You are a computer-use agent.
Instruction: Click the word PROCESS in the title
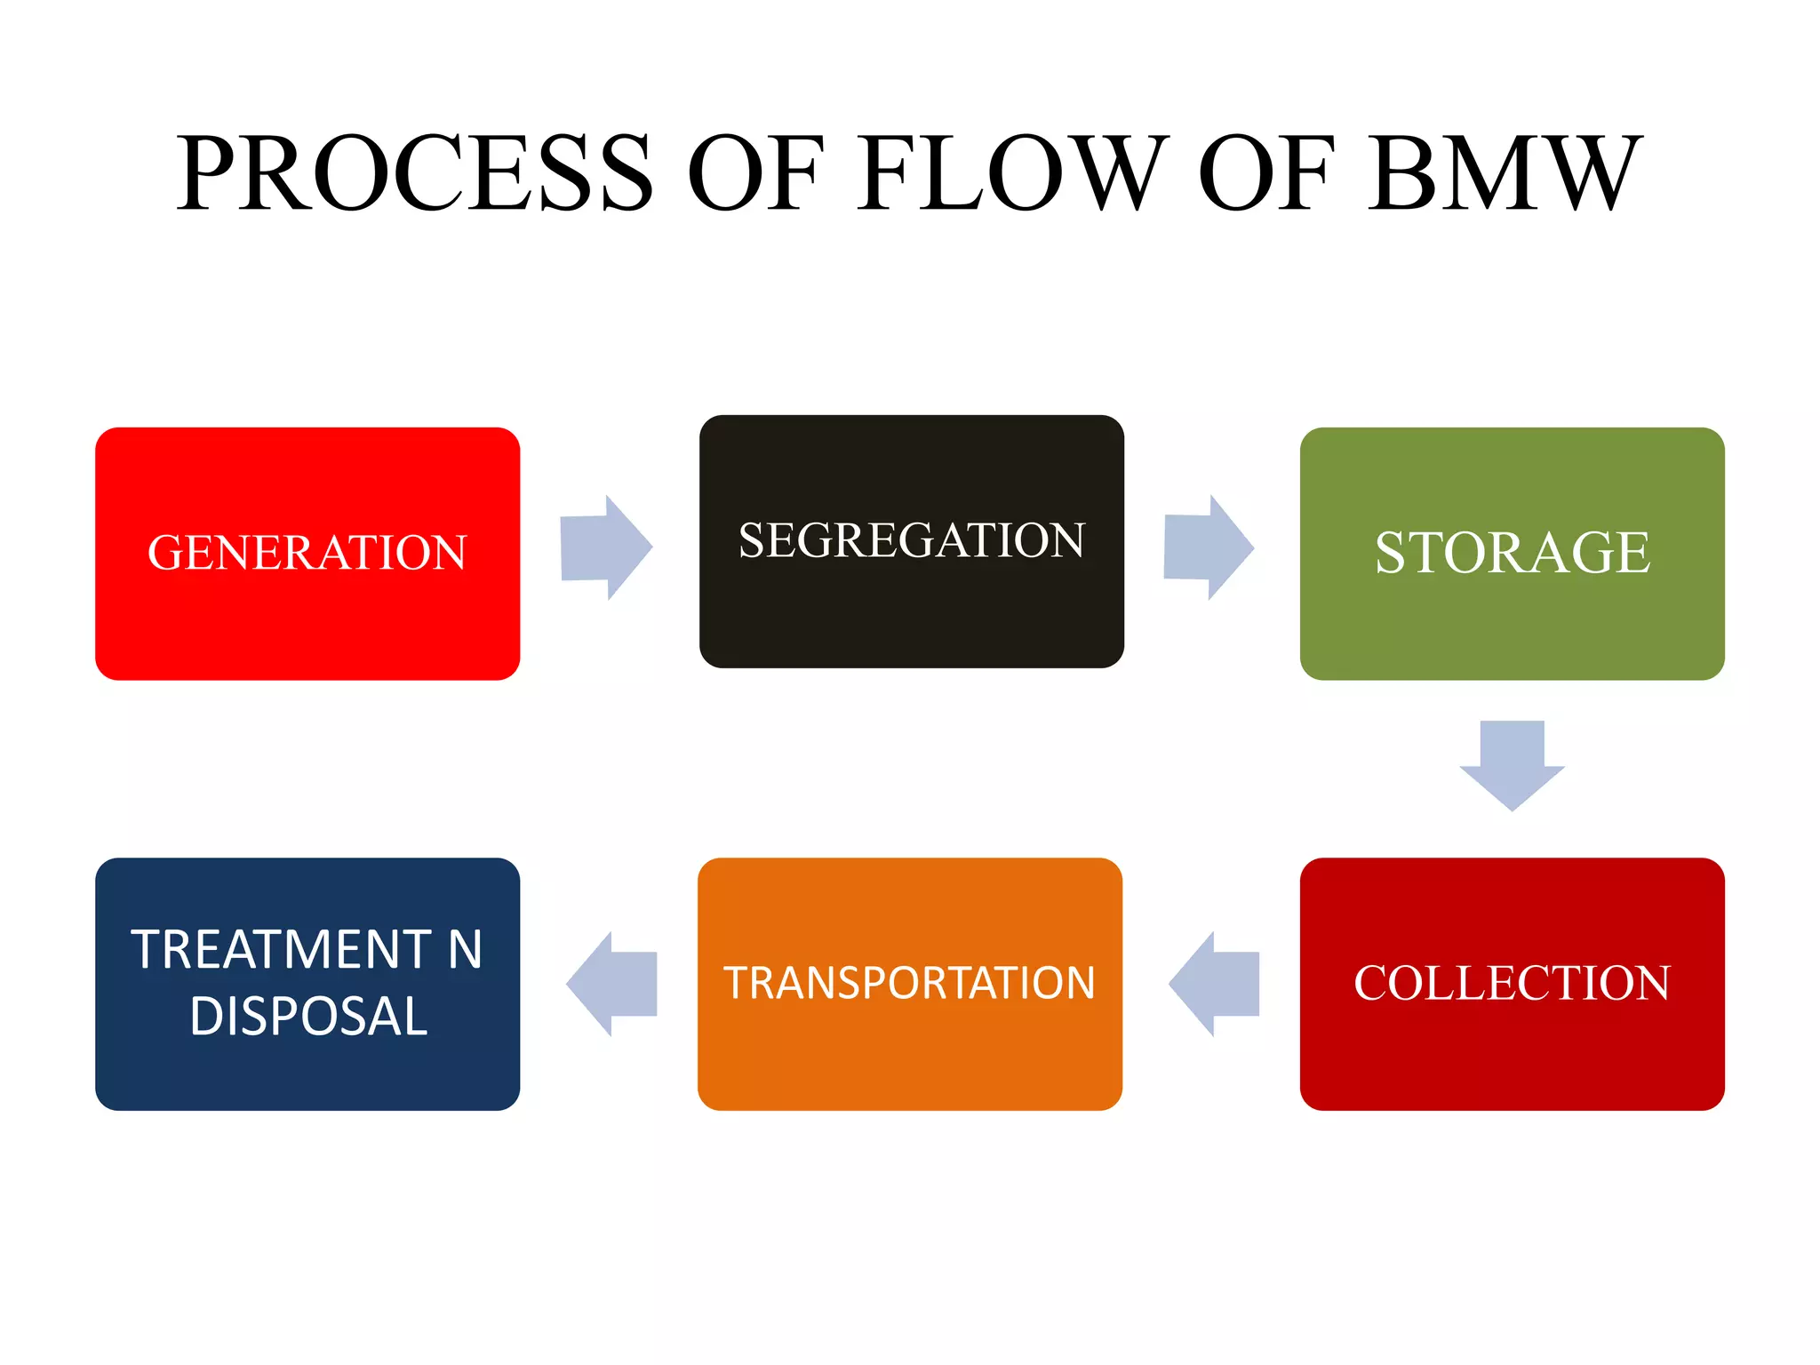pyautogui.click(x=414, y=172)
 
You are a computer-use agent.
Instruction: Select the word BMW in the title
pyautogui.click(x=1505, y=172)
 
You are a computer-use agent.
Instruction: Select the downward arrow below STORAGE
pyautogui.click(x=1512, y=764)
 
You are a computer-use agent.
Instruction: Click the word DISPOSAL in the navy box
pyautogui.click(x=308, y=1017)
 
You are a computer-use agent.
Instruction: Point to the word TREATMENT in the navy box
pyautogui.click(x=282, y=949)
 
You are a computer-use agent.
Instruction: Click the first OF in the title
pyautogui.click(x=755, y=172)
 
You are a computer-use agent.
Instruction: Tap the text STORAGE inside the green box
pyautogui.click(x=1512, y=552)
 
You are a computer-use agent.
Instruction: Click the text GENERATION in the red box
pyautogui.click(x=307, y=552)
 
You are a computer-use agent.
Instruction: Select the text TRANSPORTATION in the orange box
pyautogui.click(x=909, y=983)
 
